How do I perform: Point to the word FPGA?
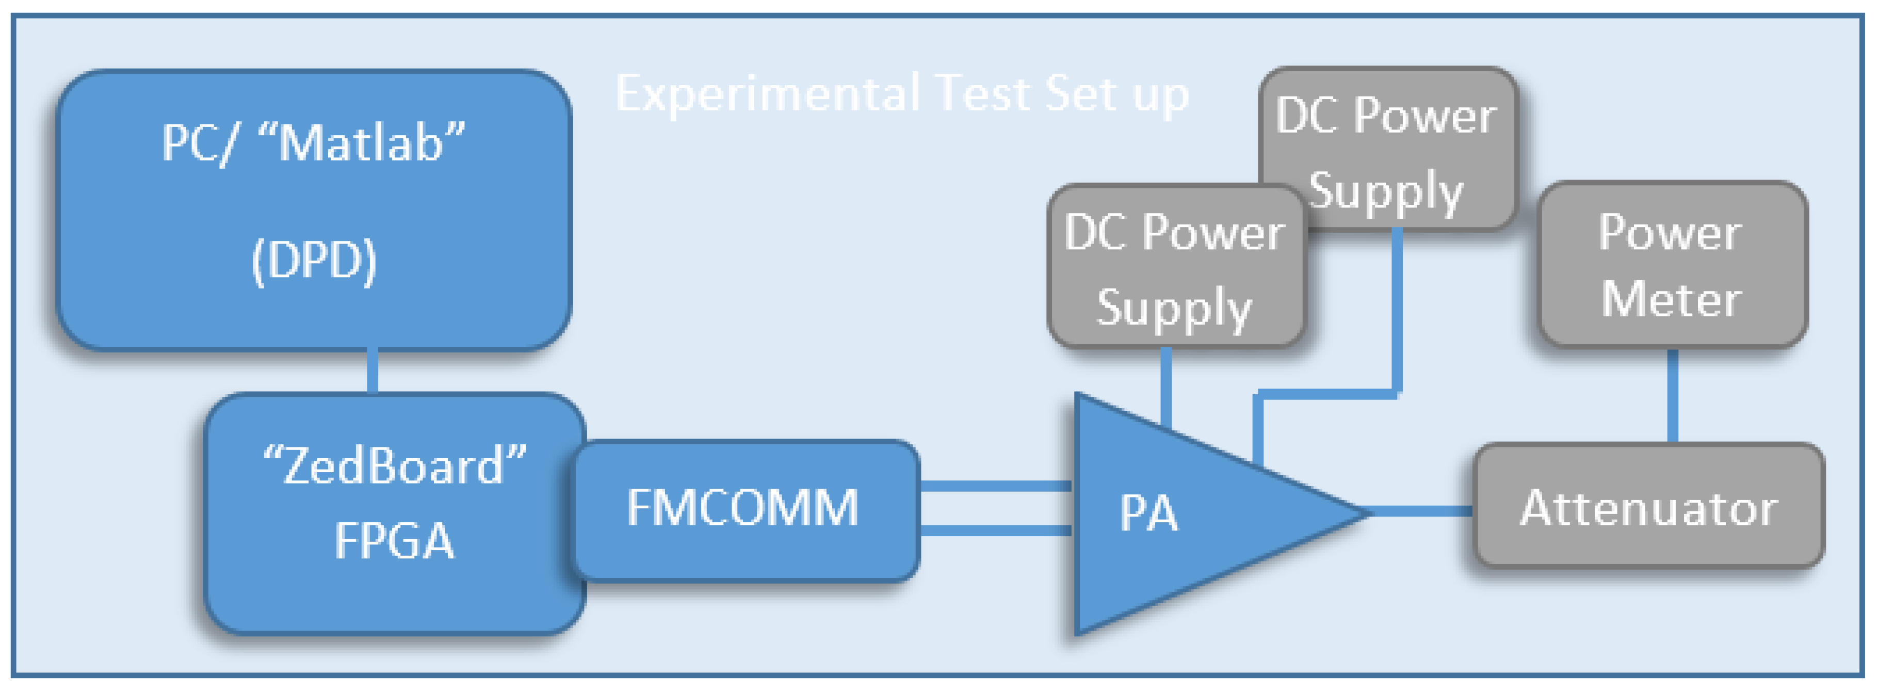[x=394, y=541]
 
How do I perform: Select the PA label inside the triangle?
[x=1148, y=513]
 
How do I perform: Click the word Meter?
[x=1671, y=300]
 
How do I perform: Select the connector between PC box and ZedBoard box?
[x=373, y=372]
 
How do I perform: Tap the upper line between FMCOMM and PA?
[x=996, y=486]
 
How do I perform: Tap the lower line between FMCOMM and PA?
[x=996, y=530]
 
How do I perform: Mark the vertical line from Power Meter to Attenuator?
[x=1673, y=397]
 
